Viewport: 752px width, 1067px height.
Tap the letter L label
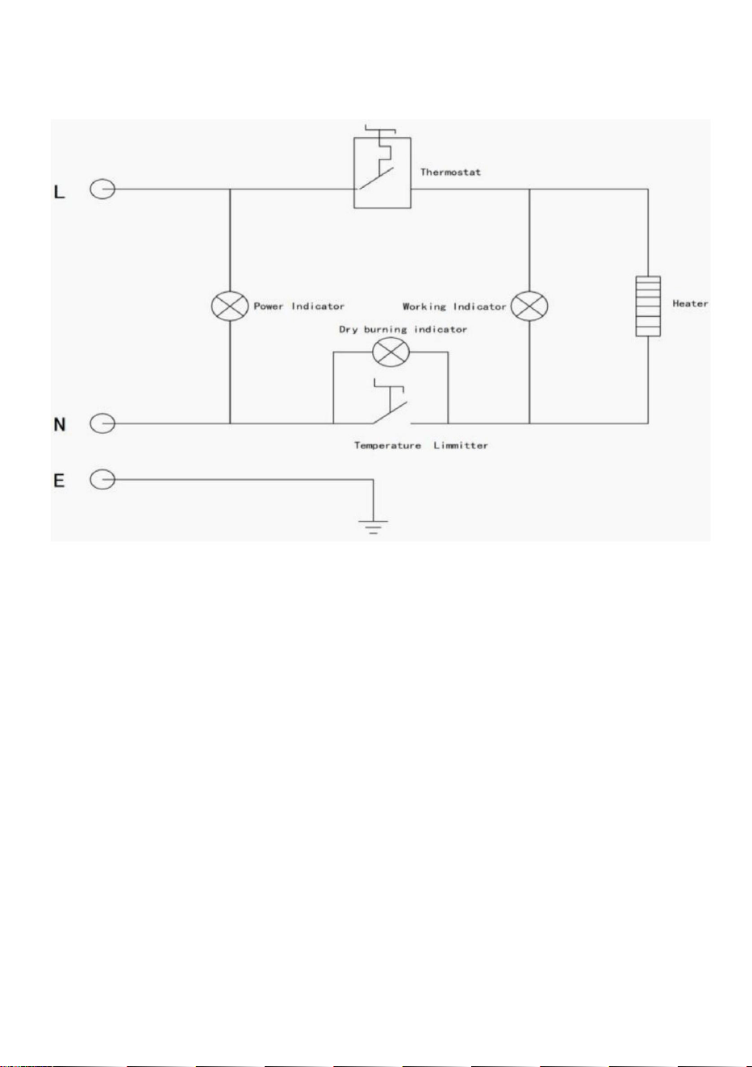pyautogui.click(x=59, y=192)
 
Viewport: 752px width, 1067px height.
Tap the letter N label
pyautogui.click(x=60, y=424)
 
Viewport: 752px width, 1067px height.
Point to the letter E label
pyautogui.click(x=59, y=481)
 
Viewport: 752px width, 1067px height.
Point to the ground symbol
pyautogui.click(x=373, y=527)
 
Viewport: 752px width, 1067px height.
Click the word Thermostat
pyautogui.click(x=450, y=172)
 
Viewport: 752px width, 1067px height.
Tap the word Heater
pyautogui.click(x=690, y=303)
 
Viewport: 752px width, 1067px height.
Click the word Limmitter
pyautogui.click(x=461, y=445)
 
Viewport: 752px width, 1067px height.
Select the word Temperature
pyautogui.click(x=387, y=446)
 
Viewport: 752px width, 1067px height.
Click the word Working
pyautogui.click(x=424, y=306)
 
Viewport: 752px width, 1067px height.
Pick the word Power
pyautogui.click(x=269, y=306)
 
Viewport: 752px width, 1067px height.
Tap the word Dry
pyautogui.click(x=348, y=330)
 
